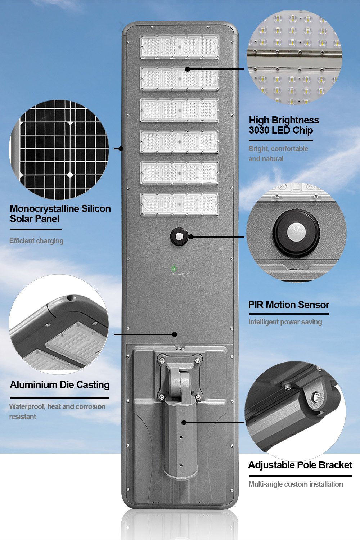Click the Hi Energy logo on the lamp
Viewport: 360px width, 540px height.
(179, 271)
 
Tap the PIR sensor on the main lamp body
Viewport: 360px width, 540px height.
(179, 237)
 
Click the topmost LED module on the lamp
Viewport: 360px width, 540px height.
(180, 46)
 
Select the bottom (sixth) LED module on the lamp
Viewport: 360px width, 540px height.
(180, 204)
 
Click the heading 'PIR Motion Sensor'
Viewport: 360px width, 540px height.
(289, 305)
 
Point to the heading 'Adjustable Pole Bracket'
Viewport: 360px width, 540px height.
(300, 465)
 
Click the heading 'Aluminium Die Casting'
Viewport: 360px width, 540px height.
(59, 385)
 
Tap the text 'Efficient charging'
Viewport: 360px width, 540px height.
(36, 241)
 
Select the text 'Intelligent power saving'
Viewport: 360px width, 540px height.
(285, 322)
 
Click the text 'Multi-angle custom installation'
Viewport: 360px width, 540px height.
(296, 484)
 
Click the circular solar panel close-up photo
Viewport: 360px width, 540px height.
(59, 149)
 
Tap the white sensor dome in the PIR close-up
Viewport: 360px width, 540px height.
(296, 233)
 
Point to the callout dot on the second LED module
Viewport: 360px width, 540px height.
(187, 69)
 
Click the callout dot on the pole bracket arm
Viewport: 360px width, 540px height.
(184, 422)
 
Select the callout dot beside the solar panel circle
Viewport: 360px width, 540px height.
(121, 148)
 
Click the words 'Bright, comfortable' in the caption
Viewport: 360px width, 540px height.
(278, 149)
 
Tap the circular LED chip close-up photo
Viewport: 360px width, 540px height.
(294, 57)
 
